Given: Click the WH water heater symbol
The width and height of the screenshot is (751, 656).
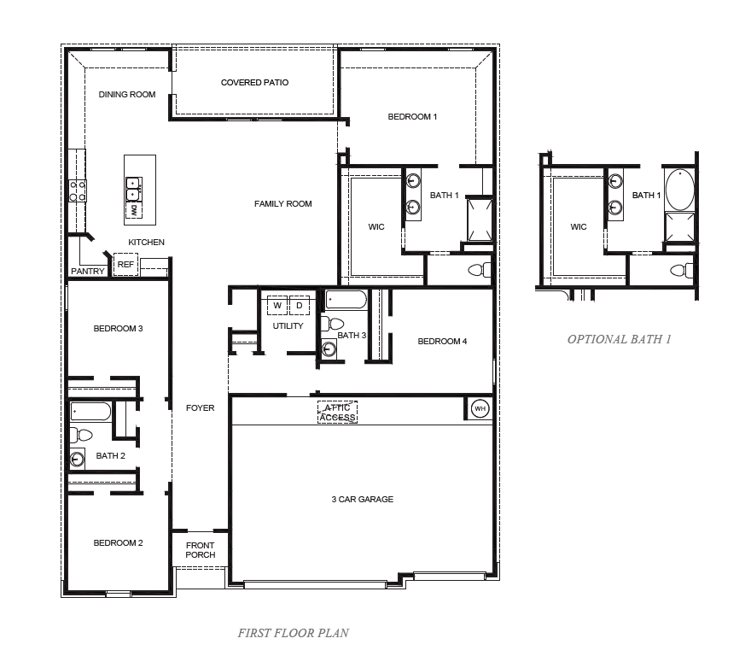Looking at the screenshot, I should coord(479,408).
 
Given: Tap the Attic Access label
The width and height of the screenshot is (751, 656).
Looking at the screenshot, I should coord(338,413).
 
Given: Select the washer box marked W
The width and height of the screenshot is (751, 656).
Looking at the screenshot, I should coord(277,306).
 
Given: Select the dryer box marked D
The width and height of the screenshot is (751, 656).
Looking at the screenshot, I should coord(300,306).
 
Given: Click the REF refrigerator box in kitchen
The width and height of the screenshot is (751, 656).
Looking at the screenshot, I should coord(125,266).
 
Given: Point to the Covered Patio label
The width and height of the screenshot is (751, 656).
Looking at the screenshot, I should coord(254,83).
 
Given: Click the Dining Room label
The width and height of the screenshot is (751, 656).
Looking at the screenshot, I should coord(127,95).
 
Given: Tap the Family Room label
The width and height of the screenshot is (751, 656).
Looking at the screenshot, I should coord(283,204).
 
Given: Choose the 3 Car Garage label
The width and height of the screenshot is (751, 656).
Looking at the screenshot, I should coord(363,499).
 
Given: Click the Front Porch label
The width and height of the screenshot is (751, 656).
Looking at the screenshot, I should coord(201,550).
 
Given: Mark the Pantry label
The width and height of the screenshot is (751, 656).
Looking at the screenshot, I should coord(88,272).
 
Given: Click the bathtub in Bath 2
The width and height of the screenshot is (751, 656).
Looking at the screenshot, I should coord(90,412).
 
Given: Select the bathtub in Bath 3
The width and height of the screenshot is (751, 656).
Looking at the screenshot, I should coord(346,300).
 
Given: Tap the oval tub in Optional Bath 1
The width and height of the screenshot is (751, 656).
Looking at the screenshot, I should coord(680,190).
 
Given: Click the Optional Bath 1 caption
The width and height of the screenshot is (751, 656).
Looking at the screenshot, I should coord(620,339).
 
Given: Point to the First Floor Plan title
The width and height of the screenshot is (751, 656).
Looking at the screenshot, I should coord(293,633).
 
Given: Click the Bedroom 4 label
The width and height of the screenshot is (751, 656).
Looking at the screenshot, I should coord(442,342).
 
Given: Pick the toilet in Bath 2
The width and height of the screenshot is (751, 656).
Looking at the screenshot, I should coord(81,436).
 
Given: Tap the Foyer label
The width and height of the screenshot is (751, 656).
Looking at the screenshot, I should coord(201,408).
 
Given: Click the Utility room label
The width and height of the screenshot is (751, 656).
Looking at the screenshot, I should coord(288,326).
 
